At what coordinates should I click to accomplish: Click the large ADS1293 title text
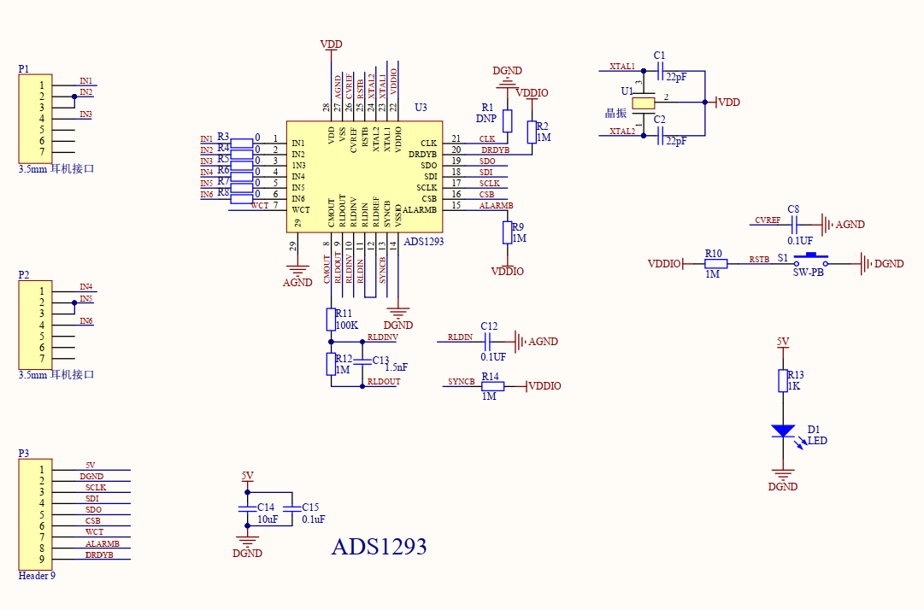(x=379, y=547)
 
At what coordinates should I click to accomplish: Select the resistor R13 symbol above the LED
(x=782, y=380)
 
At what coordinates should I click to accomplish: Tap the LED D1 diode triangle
(x=782, y=431)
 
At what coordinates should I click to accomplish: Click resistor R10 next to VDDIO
(x=715, y=264)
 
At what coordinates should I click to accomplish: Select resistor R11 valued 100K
(x=331, y=320)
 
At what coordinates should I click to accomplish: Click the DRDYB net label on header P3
(x=99, y=555)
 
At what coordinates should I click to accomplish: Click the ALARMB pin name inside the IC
(x=419, y=209)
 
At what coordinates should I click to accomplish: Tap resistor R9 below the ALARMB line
(x=507, y=232)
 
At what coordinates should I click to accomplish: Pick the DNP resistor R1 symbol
(x=507, y=120)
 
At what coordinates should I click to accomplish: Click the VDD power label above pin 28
(x=331, y=44)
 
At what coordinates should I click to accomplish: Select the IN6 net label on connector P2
(x=86, y=321)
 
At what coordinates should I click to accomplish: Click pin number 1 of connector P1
(x=40, y=85)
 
